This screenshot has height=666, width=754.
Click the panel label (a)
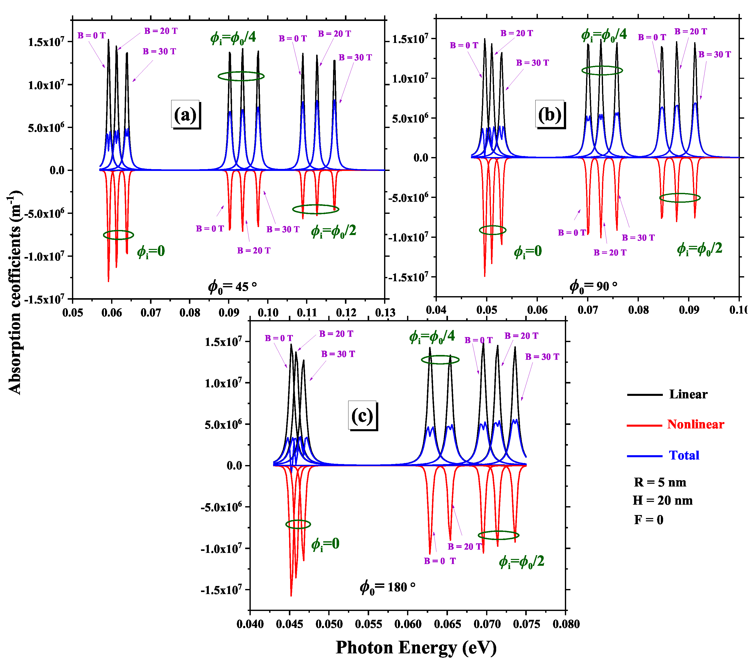point(185,115)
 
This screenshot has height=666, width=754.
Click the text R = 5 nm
point(660,482)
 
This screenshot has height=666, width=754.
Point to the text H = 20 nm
point(663,500)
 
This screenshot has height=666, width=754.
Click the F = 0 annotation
point(648,520)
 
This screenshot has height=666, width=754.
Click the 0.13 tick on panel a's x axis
point(385,313)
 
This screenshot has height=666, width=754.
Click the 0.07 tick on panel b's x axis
point(588,310)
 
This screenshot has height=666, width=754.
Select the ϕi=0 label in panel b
point(528,251)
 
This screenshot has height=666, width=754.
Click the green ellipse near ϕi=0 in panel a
point(118,235)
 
